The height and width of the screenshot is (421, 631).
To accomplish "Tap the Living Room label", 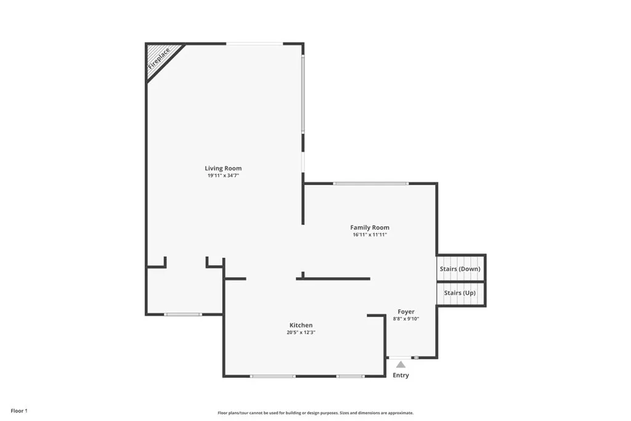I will (223, 168).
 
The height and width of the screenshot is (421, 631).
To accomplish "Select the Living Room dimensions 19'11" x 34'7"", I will (223, 176).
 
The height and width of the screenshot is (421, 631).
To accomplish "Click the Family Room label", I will (370, 227).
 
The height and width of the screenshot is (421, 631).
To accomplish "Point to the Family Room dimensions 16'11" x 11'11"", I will (370, 235).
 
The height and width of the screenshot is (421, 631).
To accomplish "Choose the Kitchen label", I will (301, 325).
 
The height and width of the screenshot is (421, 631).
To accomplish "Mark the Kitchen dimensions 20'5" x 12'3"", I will (301, 333).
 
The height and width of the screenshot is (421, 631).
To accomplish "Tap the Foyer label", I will (406, 312).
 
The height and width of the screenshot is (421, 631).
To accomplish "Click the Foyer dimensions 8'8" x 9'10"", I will (406, 319).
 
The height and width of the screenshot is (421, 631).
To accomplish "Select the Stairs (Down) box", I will (460, 269).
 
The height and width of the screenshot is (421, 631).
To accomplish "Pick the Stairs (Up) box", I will (460, 293).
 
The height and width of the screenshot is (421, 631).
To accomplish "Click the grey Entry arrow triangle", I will (401, 364).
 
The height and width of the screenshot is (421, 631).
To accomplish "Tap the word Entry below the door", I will (401, 375).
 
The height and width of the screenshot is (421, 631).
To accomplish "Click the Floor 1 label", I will (18, 411).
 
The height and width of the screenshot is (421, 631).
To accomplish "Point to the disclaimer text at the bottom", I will (315, 413).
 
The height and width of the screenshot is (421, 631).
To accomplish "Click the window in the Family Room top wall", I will (370, 183).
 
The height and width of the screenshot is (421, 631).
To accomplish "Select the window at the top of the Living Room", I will (254, 43).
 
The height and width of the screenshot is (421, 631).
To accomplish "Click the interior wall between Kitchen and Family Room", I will (333, 279).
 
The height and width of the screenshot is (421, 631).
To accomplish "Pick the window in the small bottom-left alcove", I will (182, 314).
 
